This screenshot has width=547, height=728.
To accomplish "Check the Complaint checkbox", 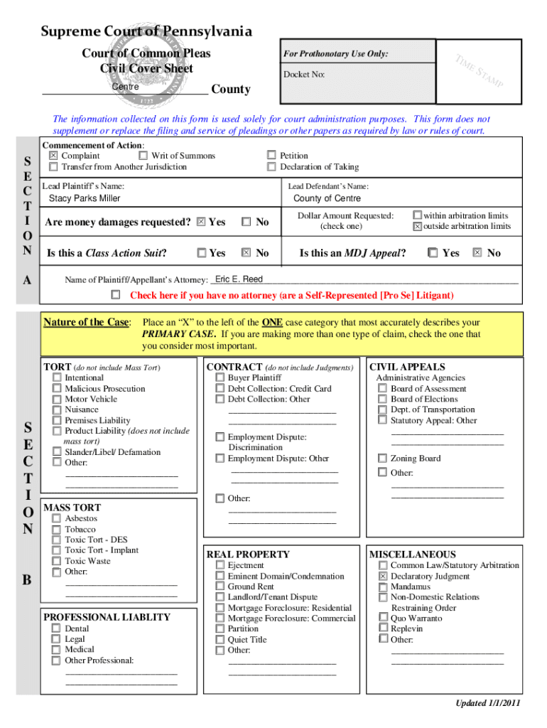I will click(53, 156).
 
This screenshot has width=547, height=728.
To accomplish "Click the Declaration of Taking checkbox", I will click(271, 167).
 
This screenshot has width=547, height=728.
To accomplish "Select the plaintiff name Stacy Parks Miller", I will click(84, 198).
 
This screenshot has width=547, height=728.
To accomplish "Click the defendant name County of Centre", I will click(327, 198).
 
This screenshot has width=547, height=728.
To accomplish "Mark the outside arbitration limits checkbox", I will click(418, 227).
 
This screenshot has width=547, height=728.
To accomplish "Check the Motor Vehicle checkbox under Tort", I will click(56, 400).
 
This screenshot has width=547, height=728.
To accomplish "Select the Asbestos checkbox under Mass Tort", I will click(56, 518).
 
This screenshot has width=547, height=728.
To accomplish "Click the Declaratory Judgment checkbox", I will click(382, 577).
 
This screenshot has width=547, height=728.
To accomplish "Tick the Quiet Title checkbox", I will click(220, 639).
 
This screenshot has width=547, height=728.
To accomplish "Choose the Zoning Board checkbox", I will click(382, 459).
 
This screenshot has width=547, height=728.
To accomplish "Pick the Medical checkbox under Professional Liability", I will click(56, 650).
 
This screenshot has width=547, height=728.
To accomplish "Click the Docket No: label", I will click(304, 74).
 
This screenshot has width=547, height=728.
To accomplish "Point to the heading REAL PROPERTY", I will click(248, 555).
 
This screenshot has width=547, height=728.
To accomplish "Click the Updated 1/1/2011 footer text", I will click(488, 703).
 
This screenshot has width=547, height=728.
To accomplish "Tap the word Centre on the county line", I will click(125, 87).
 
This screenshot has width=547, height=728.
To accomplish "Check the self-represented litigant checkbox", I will click(116, 294).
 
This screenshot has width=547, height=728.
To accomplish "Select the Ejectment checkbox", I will click(220, 566).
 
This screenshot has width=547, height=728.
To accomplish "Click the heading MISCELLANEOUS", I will click(413, 555).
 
